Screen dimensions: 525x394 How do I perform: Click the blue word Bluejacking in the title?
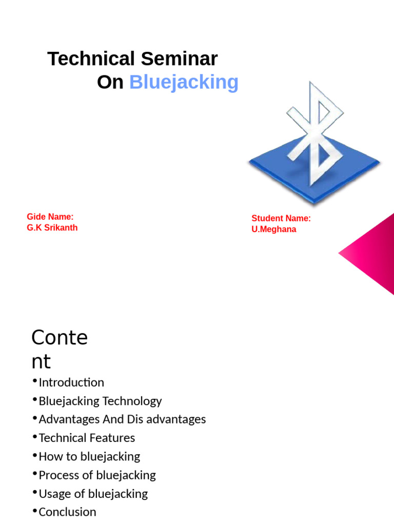point(184,82)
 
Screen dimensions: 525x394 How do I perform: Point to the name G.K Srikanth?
point(52,228)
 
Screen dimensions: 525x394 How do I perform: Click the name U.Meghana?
point(273,229)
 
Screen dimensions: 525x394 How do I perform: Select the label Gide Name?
point(50,217)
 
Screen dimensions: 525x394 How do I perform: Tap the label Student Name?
point(281,218)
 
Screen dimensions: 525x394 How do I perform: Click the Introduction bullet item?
point(71,382)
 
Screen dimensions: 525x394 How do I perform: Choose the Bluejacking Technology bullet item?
point(100,401)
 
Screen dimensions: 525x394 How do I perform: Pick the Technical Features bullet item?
point(87,438)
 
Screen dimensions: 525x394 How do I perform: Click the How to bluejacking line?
point(89,456)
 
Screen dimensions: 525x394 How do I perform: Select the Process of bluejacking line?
point(97,475)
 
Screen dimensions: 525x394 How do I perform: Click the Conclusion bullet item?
point(67,512)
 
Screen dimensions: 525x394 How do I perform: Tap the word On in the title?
point(110,82)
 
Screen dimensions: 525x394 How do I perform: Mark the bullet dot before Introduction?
point(34,381)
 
